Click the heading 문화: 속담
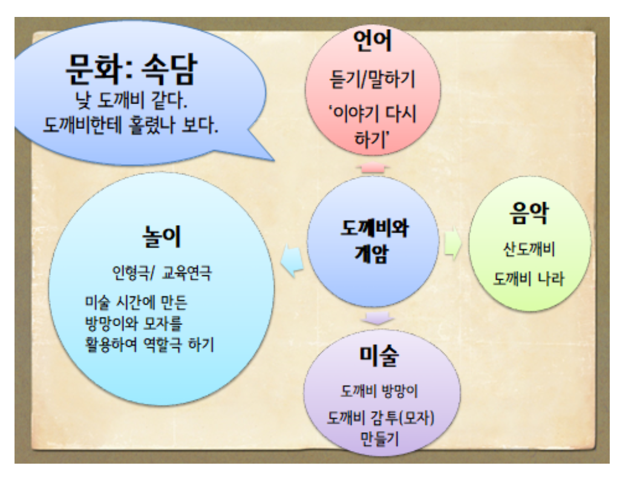[131, 70]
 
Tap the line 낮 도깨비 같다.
[131, 100]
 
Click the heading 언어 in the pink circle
[373, 41]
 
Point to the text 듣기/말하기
[372, 79]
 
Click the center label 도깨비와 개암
[374, 240]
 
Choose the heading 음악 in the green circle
[529, 214]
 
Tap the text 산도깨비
[529, 249]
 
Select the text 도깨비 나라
[529, 279]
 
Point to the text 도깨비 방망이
[379, 391]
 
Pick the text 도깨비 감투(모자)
[380, 418]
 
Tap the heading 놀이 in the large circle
[162, 237]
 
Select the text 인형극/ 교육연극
[162, 272]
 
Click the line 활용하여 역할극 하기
[149, 345]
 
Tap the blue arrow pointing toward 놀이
[292, 261]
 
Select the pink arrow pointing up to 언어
[373, 168]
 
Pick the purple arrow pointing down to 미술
[377, 318]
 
